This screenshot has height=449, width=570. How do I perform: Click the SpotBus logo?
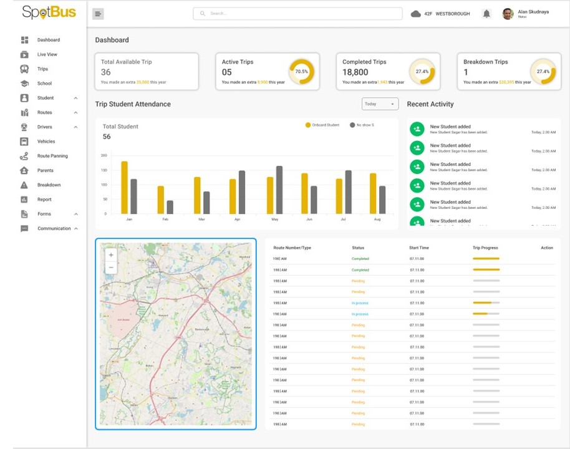coord(49,12)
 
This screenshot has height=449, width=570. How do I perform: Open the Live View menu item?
coord(47,54)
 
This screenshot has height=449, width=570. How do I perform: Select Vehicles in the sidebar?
coord(46,142)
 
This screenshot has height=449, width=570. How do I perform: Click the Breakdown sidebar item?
coord(49,185)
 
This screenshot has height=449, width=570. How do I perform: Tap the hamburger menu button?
coord(98,14)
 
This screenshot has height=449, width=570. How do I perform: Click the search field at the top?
coord(297,13)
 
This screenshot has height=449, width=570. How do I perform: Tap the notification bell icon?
coord(486,14)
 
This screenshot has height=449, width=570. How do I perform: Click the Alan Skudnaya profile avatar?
coord(508,14)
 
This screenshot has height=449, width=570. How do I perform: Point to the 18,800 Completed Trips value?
coord(355,72)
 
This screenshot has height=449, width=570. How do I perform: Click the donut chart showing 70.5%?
coord(302,72)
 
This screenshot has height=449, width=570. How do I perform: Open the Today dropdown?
coord(379,104)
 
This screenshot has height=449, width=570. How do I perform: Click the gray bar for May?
coord(279,190)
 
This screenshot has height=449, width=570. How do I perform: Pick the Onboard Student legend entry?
coord(322,125)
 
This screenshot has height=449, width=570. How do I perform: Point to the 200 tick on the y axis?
coord(104,155)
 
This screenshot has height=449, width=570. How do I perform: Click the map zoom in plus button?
coord(111,255)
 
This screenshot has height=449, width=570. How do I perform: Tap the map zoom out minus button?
coord(111,268)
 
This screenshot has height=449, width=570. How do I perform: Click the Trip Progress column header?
coord(485,248)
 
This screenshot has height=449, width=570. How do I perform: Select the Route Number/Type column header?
coord(292,248)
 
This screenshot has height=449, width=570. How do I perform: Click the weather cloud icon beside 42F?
coord(416,14)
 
